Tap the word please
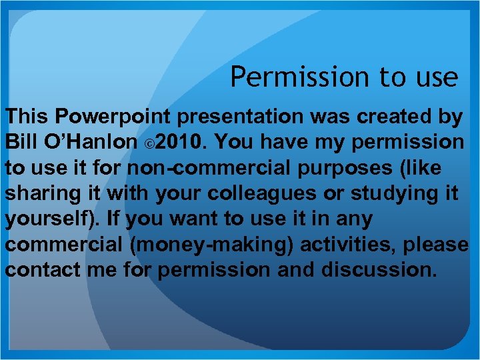pos(437,244)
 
